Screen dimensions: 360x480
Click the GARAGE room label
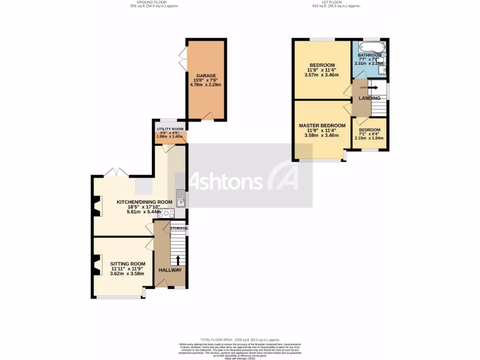tap(206, 75)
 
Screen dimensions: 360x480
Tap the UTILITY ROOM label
tap(170, 129)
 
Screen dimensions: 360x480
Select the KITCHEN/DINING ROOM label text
tap(144, 202)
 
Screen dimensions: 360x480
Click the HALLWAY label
tap(170, 270)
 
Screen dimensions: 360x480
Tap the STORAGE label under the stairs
tap(178, 228)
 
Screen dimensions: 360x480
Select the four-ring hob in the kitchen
tap(166, 213)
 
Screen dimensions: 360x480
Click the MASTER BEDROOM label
tap(322, 126)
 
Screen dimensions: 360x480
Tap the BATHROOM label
tap(369, 55)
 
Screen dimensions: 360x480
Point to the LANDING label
tap(369, 98)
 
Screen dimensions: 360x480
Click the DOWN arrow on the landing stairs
tap(373, 87)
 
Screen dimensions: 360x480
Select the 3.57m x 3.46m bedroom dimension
tap(322, 75)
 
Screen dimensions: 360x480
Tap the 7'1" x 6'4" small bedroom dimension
tap(369, 134)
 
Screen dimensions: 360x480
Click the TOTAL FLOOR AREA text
tap(240, 339)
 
